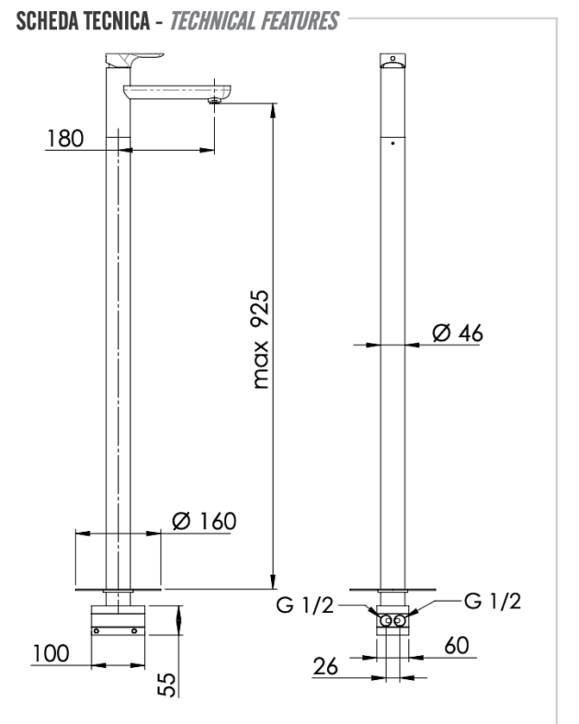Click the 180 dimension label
pos(66,139)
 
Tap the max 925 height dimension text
pos(260,340)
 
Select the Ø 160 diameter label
pos(204,521)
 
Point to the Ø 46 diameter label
pos(457,333)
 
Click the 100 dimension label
pos(51,653)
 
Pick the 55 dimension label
pos(167,684)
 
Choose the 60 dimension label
pos(456,646)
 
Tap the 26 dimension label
pos(325,666)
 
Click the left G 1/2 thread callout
pos(305,605)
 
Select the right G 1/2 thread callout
pos(493,601)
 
